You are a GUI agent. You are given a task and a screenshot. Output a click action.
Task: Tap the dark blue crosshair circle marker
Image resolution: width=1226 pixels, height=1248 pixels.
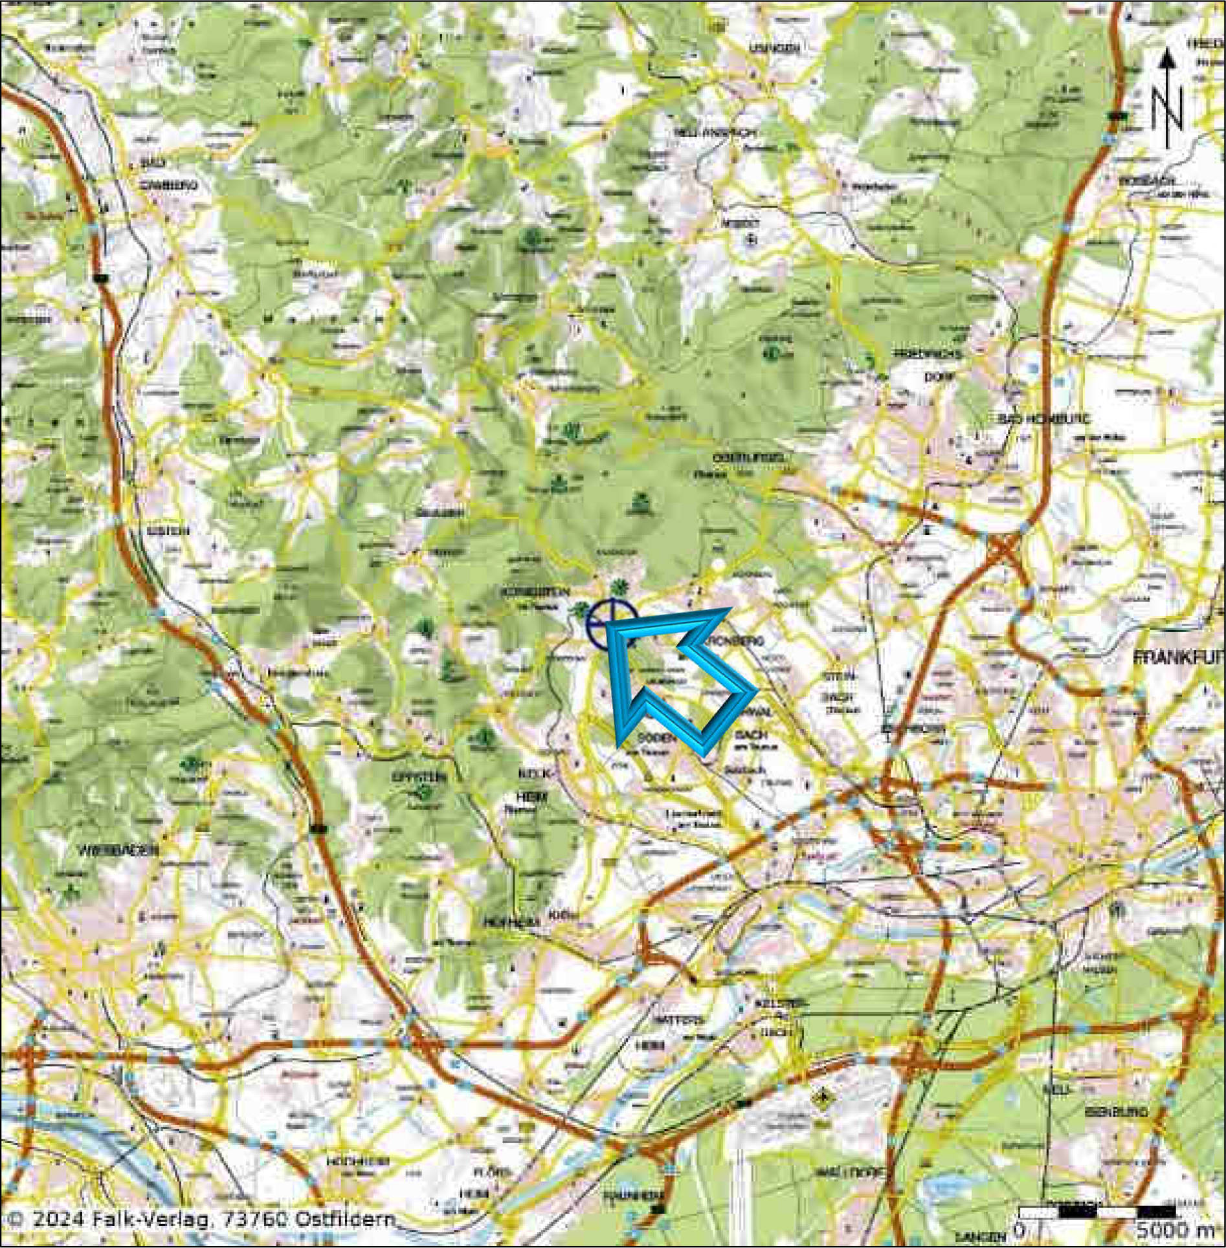(x=610, y=623)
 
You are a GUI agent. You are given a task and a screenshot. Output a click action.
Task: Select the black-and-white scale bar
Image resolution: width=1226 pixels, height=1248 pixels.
(x=1098, y=1211)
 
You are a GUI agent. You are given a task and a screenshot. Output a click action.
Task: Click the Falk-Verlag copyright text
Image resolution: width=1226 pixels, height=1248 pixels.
(x=203, y=1218)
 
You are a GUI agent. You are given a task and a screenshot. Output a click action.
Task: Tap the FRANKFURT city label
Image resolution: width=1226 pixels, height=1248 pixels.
(x=1179, y=656)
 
